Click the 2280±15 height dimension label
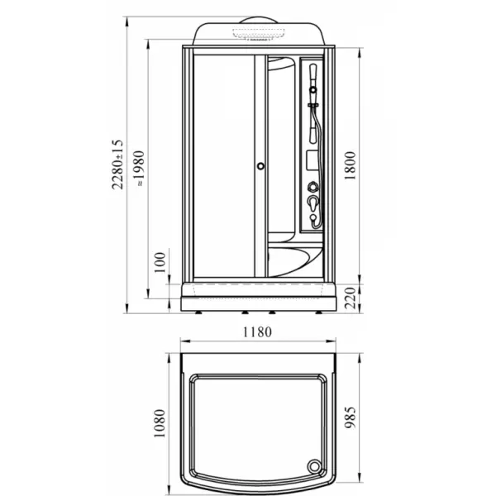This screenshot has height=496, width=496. (117, 165)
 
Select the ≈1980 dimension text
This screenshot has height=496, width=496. (139, 169)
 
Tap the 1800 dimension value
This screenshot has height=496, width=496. (350, 165)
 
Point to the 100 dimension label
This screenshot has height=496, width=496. (160, 263)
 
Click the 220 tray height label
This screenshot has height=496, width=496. (351, 298)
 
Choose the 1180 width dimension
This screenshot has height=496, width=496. (257, 332)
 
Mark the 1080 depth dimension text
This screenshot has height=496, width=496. (159, 423)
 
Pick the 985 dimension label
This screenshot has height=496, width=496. (350, 417)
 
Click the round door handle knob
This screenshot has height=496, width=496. (260, 166)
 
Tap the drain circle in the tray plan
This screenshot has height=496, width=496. (314, 466)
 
